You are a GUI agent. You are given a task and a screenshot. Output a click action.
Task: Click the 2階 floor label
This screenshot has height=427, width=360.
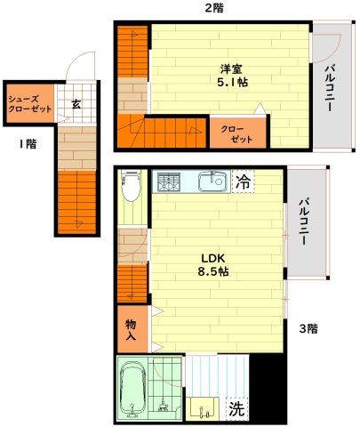click(x=214, y=8)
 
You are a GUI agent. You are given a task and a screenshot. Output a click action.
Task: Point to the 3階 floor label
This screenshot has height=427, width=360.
click(x=308, y=328)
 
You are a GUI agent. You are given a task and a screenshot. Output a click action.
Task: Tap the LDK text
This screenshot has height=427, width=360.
click(x=214, y=255)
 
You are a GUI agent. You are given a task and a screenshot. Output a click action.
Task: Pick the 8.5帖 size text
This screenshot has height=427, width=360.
click(x=214, y=271)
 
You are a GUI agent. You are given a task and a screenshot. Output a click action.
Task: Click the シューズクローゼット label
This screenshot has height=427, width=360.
click(x=29, y=100)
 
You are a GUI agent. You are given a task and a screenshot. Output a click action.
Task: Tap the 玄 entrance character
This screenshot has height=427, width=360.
click(x=76, y=104)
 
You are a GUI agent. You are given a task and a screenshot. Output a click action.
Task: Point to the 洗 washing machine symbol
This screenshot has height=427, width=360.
click(x=236, y=409)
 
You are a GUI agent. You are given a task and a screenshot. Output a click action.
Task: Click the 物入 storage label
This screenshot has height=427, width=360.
click(x=131, y=329)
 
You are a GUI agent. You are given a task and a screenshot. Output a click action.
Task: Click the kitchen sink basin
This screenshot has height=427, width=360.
click(x=212, y=181)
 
